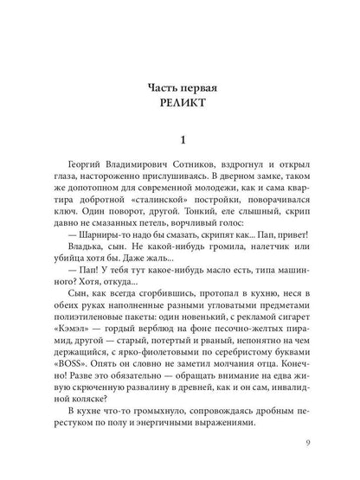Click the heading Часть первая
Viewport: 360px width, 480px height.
(180, 89)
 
